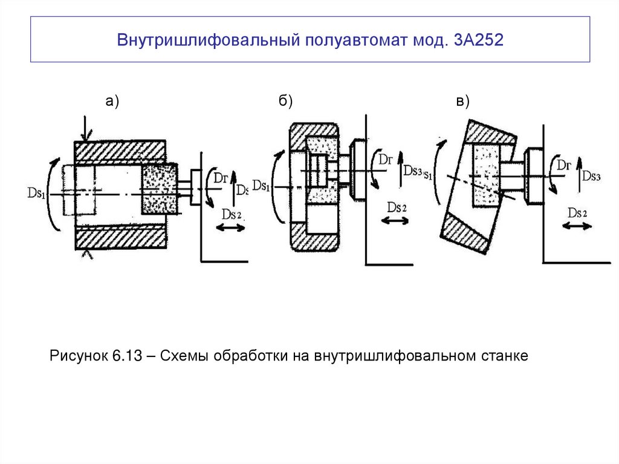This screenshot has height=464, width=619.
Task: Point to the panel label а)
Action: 113,102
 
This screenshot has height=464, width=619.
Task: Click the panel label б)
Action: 286,102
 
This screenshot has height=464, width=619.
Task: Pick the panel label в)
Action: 463,102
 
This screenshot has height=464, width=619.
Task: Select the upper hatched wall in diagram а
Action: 120,151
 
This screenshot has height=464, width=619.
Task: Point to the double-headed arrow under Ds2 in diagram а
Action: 230,227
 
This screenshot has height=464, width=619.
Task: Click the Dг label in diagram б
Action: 386,159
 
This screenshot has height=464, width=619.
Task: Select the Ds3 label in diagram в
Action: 591,175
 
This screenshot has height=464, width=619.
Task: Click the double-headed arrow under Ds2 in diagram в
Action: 578,225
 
